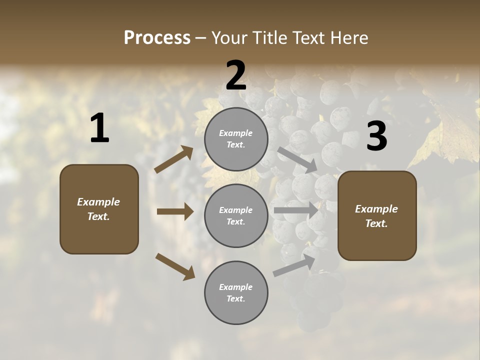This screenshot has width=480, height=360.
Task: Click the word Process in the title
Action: [x=157, y=38]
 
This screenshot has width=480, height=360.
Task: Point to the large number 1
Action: [x=99, y=128]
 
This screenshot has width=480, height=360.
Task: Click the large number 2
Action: [x=236, y=75]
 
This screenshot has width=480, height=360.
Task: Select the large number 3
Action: [x=376, y=136]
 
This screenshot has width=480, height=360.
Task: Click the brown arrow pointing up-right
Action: [x=174, y=159]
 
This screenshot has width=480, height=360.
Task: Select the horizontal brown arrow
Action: [x=175, y=211]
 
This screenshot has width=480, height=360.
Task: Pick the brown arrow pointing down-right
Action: [x=175, y=266]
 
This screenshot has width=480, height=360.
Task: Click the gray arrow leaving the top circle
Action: [x=297, y=159]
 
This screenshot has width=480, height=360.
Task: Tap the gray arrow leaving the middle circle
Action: [x=296, y=210]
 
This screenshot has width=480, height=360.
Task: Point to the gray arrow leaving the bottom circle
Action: [x=294, y=266]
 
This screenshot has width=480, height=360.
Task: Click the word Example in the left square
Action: [x=98, y=202]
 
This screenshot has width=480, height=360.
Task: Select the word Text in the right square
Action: [x=376, y=223]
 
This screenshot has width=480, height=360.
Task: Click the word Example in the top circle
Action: [x=236, y=133]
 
